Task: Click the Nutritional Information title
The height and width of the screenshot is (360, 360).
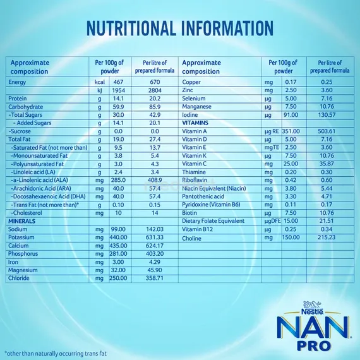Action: click(180, 28)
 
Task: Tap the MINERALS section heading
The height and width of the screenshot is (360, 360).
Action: click(22, 222)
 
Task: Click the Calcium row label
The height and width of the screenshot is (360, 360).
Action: click(18, 246)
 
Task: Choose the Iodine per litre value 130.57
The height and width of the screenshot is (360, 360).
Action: click(334, 115)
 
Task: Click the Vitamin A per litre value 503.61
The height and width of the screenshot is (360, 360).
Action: click(334, 131)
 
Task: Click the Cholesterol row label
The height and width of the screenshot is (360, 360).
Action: click(30, 213)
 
